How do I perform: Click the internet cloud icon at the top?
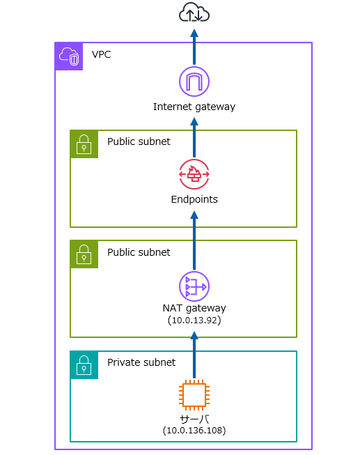194,13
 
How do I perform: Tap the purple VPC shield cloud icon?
69,56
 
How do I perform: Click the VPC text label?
101,54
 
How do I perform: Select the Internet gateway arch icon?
194,82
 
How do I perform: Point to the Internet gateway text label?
194,107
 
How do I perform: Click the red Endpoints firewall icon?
194,174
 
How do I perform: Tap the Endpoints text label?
194,200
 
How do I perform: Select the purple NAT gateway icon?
194,286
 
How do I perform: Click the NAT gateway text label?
194,308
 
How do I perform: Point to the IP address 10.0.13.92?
194,321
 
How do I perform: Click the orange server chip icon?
194,394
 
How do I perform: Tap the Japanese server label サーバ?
194,419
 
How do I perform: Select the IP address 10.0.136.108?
194,431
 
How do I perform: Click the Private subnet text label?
141,362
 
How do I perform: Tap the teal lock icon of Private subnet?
84,365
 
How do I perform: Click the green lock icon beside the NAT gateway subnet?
84,254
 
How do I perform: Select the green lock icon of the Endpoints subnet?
84,144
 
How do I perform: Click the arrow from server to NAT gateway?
194,355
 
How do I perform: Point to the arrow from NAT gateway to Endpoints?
194,240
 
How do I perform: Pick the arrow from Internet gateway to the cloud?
194,47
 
